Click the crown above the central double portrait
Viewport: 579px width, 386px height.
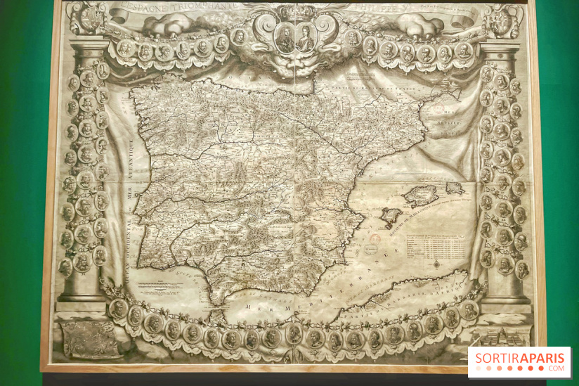pos(295,12)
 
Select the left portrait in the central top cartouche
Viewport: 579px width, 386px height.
pos(285,39)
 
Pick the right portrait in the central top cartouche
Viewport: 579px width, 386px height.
pos(305,39)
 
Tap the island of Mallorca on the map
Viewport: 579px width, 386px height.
pos(422,195)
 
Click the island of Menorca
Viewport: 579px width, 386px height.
pos(455,188)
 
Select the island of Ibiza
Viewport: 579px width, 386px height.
pos(391,218)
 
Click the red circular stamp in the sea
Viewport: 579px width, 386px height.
pos(375,240)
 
